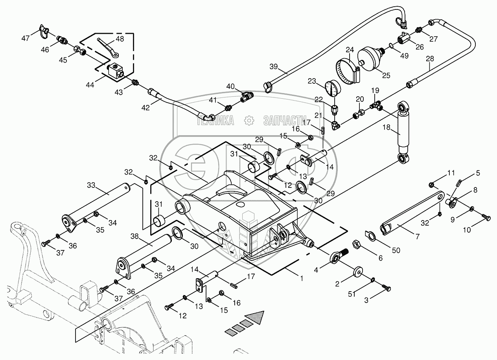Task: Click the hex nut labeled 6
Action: pos(356,245)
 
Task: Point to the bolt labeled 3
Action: pos(387,289)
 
